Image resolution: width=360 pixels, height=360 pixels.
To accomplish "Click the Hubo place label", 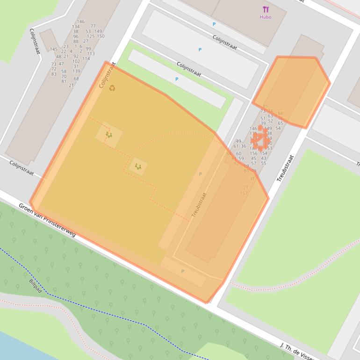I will [266, 17].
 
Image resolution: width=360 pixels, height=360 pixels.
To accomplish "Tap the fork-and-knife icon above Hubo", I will [266, 9].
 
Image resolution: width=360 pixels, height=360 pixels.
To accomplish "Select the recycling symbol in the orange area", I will [112, 87].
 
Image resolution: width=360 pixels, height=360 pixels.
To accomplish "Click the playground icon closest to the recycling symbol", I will [109, 135].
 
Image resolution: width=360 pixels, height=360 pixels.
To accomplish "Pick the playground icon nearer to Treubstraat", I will [138, 166].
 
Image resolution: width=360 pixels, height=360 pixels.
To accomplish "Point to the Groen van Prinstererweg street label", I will [47, 220].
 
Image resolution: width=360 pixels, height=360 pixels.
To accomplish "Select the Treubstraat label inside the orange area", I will [199, 205].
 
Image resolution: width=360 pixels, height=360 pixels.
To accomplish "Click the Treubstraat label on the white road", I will [285, 168].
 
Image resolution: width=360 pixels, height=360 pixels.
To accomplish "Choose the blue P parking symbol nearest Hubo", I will [214, 24].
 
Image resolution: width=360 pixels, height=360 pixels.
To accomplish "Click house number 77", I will [93, 26].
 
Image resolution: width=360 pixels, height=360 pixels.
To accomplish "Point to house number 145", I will [53, 49].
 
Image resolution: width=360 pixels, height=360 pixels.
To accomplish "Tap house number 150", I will [101, 36].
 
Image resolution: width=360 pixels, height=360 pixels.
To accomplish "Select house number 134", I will [76, 27].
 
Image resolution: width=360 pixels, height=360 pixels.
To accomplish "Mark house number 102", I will [76, 61].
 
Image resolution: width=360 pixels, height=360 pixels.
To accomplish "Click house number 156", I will [253, 153].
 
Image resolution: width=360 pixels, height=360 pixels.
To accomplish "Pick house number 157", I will [244, 193].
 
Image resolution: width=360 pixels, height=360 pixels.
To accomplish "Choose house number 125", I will [91, 36].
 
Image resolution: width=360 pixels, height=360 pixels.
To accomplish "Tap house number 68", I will [76, 79].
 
